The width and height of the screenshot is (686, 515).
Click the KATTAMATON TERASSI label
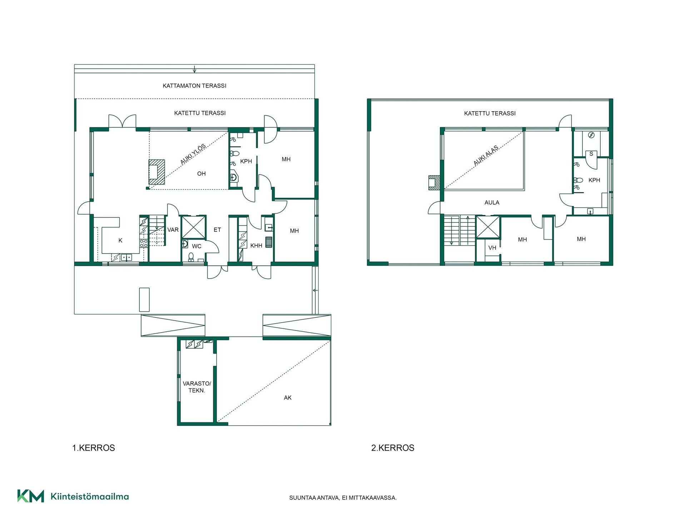pos(194,86)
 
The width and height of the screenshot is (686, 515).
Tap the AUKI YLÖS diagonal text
pos(193,154)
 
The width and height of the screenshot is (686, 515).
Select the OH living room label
pos(202,174)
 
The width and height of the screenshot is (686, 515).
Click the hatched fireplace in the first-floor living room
pos(157,172)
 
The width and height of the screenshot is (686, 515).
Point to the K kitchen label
pos(120,241)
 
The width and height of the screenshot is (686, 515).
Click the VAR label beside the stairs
pos(173,230)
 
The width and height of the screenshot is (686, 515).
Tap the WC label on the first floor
pos(197,246)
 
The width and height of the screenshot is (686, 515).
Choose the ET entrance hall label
pos(217,230)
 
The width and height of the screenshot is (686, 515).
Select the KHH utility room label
pos(256,246)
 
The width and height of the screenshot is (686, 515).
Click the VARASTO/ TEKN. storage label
pos(197,387)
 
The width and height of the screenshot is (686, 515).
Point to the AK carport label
pos(288,398)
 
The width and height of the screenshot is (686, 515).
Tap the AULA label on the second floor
pos(492,203)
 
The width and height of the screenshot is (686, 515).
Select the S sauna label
pos(591,154)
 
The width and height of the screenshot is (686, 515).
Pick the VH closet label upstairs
pos(492,248)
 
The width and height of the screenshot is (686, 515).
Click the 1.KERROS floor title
pos(94,448)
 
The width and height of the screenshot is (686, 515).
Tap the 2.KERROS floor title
pos(393,448)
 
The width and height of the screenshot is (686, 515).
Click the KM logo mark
pos(31,496)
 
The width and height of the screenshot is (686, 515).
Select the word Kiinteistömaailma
pos(90,497)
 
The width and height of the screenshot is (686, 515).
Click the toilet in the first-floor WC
pos(191,257)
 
